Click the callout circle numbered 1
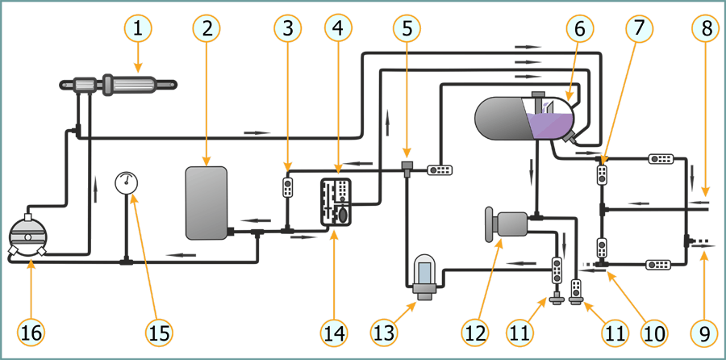tap(138, 29)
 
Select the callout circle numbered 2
tap(207, 29)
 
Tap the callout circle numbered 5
tap(407, 29)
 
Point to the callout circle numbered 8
tap(706, 29)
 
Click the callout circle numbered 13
tap(383, 331)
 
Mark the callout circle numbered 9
tap(706, 331)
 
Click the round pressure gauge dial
tap(127, 182)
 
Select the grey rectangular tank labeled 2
tap(207, 203)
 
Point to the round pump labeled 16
tap(28, 237)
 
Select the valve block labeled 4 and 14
tap(335, 203)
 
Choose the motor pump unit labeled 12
tap(508, 223)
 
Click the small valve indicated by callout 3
tap(287, 187)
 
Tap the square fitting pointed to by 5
tap(407, 167)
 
